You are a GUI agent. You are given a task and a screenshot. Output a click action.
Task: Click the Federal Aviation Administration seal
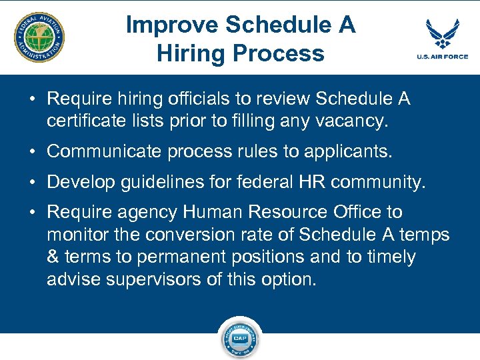click(39, 37)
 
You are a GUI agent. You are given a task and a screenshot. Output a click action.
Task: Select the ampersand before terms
click(53, 257)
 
